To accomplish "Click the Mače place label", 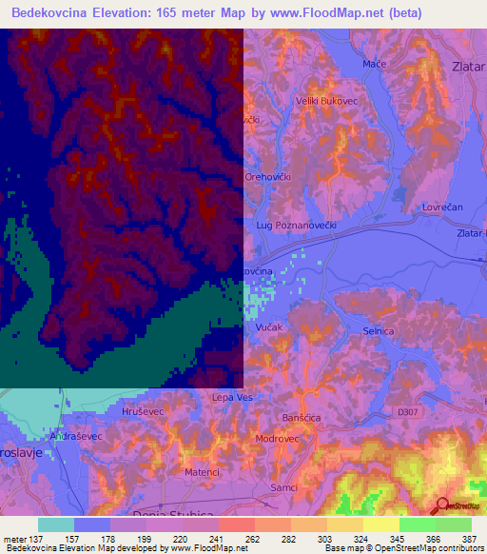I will tap(373, 64).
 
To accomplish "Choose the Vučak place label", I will tap(268, 326).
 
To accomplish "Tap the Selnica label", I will tap(380, 328).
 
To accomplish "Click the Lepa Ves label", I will tap(233, 398).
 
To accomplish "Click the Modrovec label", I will tap(278, 439).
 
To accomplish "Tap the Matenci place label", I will tap(202, 472).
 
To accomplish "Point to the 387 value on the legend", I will tap(470, 539).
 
